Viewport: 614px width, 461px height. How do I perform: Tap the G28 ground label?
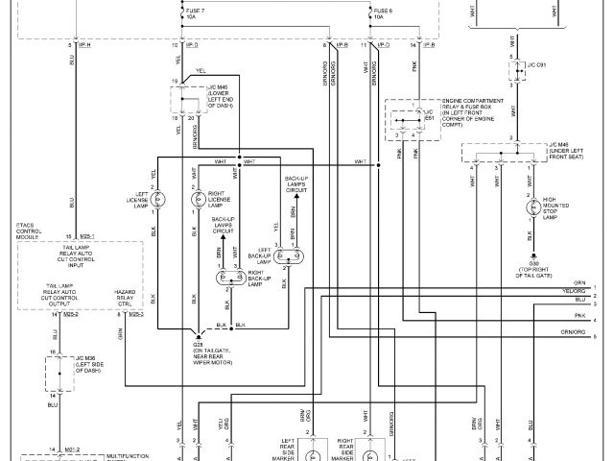(x=198, y=342)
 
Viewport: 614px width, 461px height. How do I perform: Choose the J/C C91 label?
(x=537, y=66)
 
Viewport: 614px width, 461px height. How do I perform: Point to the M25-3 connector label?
(x=135, y=314)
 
